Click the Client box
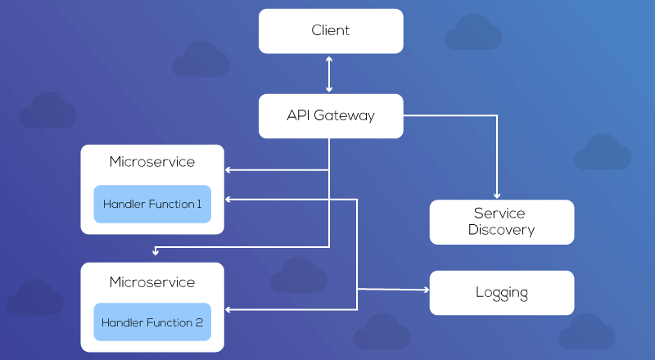pos(331,31)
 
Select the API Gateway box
pos(331,115)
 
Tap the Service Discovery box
pos(501,222)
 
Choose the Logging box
pos(501,292)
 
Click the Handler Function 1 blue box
pos(152,204)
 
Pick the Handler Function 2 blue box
pos(152,322)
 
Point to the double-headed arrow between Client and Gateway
pos(329,74)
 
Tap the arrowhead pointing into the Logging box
pos(424,290)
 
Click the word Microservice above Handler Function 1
pos(152,162)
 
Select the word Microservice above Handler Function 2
pos(152,282)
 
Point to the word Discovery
pos(501,230)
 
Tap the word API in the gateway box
pos(298,115)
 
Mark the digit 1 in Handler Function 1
pos(199,204)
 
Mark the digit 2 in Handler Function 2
pos(199,322)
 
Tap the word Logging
pos(501,292)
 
